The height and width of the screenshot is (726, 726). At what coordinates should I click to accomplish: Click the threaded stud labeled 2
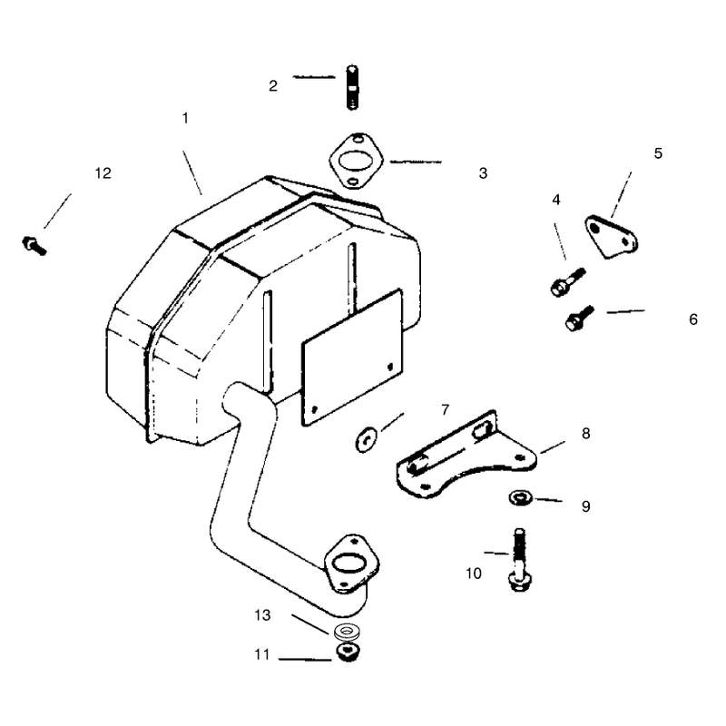pyautogui.click(x=352, y=87)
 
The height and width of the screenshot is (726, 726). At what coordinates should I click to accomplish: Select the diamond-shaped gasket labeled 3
pyautogui.click(x=357, y=162)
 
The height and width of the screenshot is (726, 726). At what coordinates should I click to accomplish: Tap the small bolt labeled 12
pyautogui.click(x=34, y=245)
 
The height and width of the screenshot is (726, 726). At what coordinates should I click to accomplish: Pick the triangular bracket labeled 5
pyautogui.click(x=611, y=237)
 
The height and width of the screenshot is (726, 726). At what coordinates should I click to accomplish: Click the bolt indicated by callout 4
pyautogui.click(x=568, y=281)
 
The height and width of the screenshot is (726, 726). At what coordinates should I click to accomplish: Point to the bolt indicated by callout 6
pyautogui.click(x=580, y=318)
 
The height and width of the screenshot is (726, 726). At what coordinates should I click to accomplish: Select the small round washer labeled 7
pyautogui.click(x=366, y=440)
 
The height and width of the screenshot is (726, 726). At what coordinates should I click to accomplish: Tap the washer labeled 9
pyautogui.click(x=520, y=498)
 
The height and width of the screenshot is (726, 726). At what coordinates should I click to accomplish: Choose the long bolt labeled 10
pyautogui.click(x=519, y=559)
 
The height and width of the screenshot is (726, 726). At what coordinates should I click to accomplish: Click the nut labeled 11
pyautogui.click(x=348, y=652)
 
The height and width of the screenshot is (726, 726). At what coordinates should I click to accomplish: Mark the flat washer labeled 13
pyautogui.click(x=348, y=631)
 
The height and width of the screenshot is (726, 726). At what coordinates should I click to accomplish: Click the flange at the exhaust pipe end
pyautogui.click(x=351, y=564)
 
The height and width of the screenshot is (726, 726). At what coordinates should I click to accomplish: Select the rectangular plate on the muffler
pyautogui.click(x=352, y=357)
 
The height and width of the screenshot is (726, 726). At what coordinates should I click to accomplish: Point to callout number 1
pyautogui.click(x=185, y=118)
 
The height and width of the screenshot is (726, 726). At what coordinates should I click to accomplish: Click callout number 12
pyautogui.click(x=103, y=173)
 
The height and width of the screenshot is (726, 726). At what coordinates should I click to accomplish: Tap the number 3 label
pyautogui.click(x=483, y=173)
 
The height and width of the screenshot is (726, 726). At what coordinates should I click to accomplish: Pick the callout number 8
pyautogui.click(x=585, y=434)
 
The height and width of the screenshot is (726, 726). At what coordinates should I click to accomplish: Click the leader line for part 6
pyautogui.click(x=625, y=311)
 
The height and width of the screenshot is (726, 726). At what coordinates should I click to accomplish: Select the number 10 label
pyautogui.click(x=473, y=574)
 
